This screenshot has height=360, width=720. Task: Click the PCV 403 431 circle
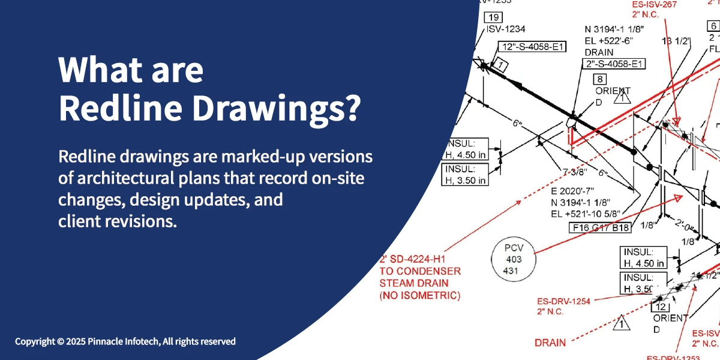point(514,260)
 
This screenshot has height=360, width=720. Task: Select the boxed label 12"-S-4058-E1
point(532,47)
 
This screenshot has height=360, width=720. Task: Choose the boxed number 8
point(599,79)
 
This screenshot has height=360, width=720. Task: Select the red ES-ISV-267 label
point(655,5)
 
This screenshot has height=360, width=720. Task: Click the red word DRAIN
point(550,343)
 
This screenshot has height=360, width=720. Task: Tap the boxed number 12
point(659,306)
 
